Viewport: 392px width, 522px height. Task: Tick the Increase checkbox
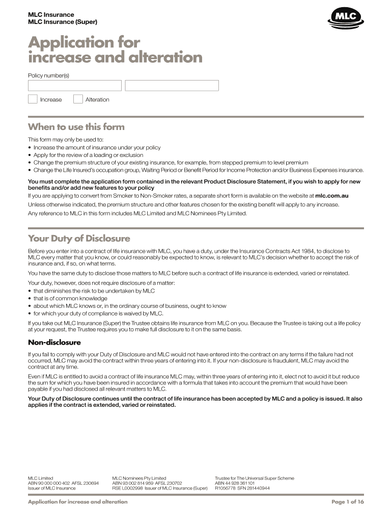pos(33,99)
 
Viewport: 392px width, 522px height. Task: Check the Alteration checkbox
pos(78,99)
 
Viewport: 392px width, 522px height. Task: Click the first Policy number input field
pos(74,86)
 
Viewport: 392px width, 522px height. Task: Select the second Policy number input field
pos(172,86)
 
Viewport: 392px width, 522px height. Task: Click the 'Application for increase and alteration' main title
pos(115,49)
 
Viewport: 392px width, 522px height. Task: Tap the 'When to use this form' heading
pos(76,127)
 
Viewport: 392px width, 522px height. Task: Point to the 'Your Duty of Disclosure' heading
pos(79,239)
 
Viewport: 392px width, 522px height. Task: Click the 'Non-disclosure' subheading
pos(54,343)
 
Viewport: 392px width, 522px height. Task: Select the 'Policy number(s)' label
pos(48,75)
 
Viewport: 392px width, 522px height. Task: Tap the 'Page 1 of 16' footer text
pos(347,502)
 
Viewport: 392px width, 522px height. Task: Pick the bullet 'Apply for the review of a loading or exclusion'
pos(88,155)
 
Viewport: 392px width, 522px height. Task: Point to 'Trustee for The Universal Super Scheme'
pos(254,478)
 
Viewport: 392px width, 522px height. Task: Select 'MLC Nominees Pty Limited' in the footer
pos(139,478)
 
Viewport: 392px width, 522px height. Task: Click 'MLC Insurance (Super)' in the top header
pos(62,22)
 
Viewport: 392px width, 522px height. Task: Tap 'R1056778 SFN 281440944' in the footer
pos(242,488)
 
